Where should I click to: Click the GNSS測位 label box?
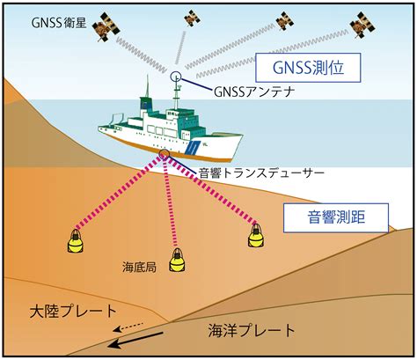(x=308, y=68)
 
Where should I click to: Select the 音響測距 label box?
(x=336, y=217)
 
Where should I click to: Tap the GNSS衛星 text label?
(x=59, y=23)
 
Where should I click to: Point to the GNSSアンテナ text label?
(x=254, y=92)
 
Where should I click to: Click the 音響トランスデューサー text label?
(x=261, y=173)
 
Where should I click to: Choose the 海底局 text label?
(x=139, y=268)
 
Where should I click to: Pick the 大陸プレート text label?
(x=73, y=311)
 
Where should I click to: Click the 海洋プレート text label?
(x=252, y=330)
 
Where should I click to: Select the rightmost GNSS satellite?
(x=362, y=26)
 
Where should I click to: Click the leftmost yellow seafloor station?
(x=75, y=241)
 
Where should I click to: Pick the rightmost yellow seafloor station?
(x=256, y=236)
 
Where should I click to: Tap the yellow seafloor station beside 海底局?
(x=177, y=260)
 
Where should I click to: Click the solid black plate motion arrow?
(x=135, y=340)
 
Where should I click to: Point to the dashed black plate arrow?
(x=128, y=327)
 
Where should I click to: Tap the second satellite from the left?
(x=192, y=18)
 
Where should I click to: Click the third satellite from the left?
(x=285, y=21)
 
